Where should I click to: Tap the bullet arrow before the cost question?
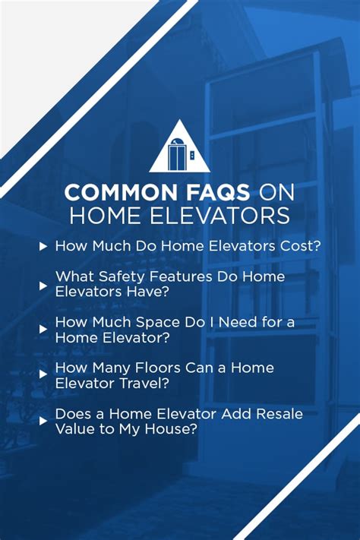point(43,247)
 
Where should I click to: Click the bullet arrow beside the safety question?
point(43,286)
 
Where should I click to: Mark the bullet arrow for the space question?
point(43,330)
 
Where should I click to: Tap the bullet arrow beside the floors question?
point(43,375)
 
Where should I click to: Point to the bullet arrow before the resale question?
point(43,421)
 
